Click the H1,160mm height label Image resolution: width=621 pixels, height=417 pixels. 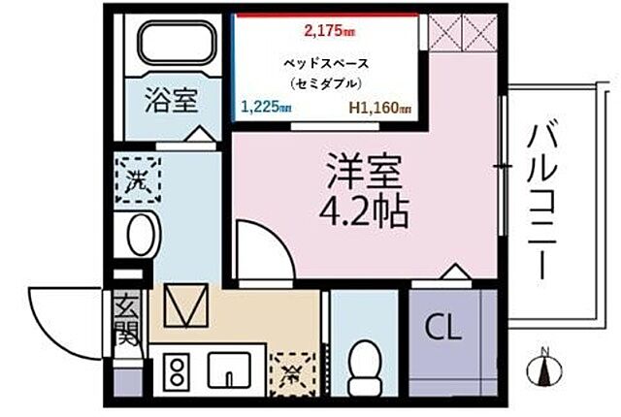coord(379,109)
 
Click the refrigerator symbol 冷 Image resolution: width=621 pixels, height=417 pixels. coord(287,369)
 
